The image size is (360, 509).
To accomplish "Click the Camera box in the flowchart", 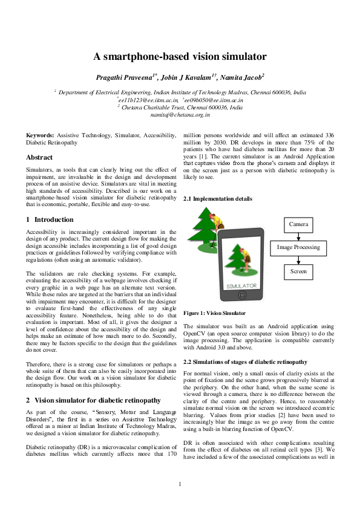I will (298, 224).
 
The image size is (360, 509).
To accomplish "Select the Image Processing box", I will (298, 247).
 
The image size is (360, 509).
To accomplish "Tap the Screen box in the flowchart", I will (298, 271).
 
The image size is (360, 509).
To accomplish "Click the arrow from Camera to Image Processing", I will (298, 236).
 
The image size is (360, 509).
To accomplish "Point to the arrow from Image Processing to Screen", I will (298, 259).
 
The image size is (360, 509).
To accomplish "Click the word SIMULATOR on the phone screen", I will (241, 285).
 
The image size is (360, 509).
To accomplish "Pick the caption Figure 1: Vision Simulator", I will (214, 313).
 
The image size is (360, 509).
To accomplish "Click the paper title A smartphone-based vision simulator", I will (180, 57).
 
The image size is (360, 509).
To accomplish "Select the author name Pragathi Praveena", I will (122, 78).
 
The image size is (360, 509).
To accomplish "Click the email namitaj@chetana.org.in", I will (180, 114).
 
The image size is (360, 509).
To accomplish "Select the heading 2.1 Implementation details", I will (217, 198).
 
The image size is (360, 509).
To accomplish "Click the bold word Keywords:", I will (40, 136).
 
